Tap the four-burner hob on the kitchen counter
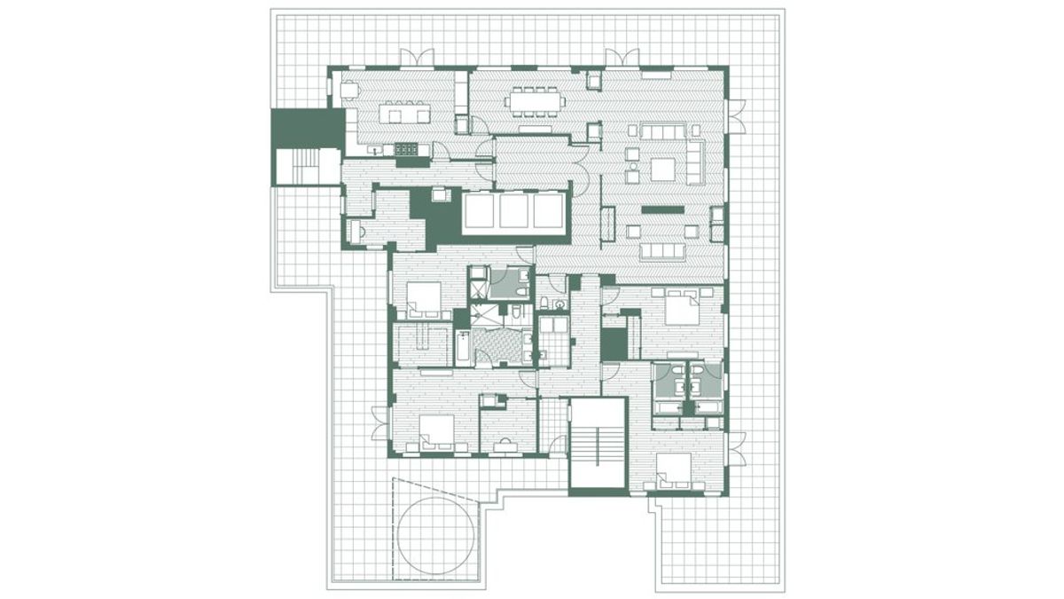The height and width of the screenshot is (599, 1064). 406,150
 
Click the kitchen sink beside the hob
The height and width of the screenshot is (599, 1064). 378,151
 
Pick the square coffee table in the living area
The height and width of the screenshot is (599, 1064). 664,168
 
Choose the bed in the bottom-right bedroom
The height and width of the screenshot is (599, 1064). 674,470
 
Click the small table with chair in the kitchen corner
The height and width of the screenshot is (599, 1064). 350,90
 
